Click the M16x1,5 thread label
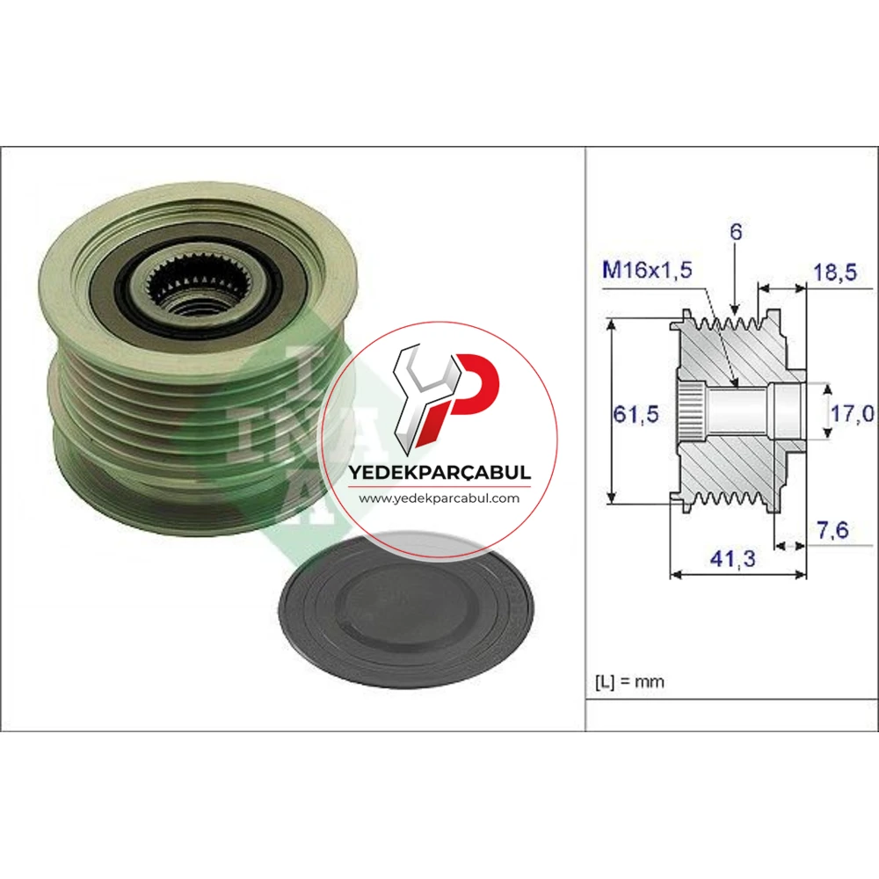click(x=647, y=270)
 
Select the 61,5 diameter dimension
click(x=636, y=414)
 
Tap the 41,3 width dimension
click(x=733, y=558)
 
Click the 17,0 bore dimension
click(x=852, y=414)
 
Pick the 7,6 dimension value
click(x=833, y=530)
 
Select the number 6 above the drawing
click(x=736, y=231)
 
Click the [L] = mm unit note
click(x=629, y=682)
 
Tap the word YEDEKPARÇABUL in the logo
click(x=439, y=472)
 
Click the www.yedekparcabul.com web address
click(x=439, y=498)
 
